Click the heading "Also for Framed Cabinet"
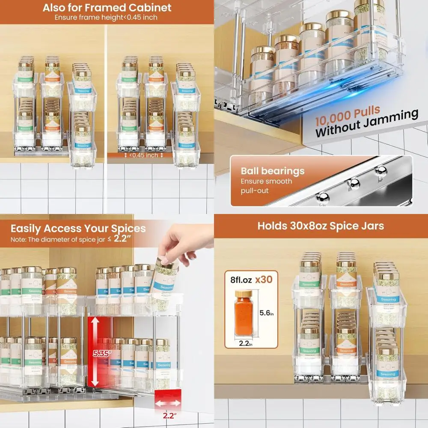click(x=107, y=7)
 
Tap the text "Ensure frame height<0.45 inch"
click(x=106, y=18)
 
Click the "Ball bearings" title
click(x=272, y=171)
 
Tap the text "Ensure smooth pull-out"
click(x=266, y=186)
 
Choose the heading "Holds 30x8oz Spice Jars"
click(x=321, y=226)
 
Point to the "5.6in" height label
click(x=267, y=313)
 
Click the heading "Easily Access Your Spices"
click(x=78, y=228)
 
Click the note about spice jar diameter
click(x=71, y=239)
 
